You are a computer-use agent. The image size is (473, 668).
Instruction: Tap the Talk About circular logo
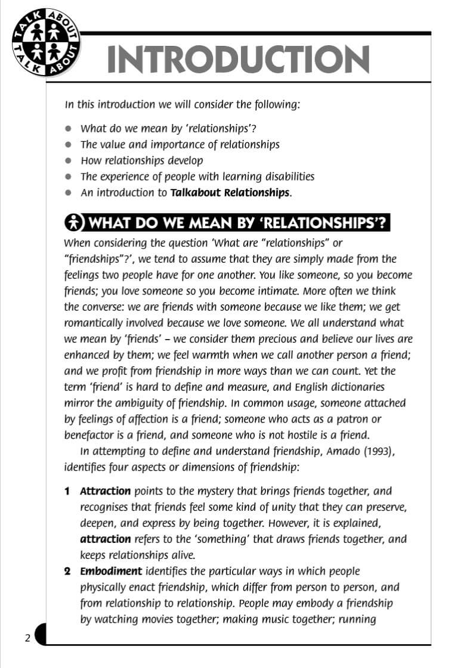click(46, 45)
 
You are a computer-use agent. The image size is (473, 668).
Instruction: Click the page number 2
click(27, 639)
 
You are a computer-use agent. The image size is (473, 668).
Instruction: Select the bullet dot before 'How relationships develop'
click(69, 161)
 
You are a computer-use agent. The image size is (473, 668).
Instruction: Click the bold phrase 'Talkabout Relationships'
click(230, 192)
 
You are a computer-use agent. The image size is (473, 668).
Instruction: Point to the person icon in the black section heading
click(74, 223)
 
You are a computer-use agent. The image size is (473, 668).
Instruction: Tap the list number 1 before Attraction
click(67, 492)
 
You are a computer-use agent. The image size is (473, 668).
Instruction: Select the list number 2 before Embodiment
click(67, 571)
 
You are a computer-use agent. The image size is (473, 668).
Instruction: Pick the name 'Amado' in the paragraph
click(342, 451)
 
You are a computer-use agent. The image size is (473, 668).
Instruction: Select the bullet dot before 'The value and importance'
click(69, 145)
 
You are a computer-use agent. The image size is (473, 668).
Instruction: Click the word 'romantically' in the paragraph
click(92, 323)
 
